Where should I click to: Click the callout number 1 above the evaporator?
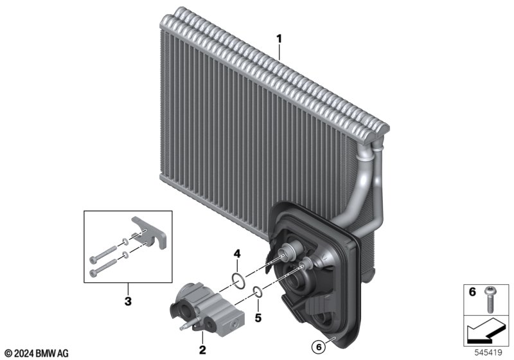279,39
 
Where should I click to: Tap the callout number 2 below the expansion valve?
202,350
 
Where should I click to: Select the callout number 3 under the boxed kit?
128,301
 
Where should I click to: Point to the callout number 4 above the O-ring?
237,253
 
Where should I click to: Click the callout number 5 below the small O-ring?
258,318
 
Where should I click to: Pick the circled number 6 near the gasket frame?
319,347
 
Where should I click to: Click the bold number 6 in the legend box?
472,291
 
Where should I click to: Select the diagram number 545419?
488,353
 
